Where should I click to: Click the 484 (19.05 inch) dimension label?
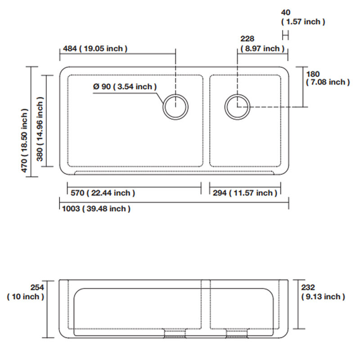coord(95,49)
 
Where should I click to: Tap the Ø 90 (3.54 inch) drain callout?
coord(125,86)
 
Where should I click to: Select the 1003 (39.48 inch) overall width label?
coord(96,209)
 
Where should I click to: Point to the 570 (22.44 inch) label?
coord(103,193)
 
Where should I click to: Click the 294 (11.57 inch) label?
coord(245,193)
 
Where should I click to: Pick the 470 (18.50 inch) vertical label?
coord(24,140)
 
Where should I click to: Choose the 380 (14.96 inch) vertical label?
coord(40,129)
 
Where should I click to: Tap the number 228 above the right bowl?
coord(247,39)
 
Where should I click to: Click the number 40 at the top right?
coord(286,12)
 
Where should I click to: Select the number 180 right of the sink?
coord(313,74)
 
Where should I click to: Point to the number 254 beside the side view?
coord(37,287)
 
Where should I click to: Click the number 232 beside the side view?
coord(308,287)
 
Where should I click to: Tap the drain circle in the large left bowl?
coord(175,94)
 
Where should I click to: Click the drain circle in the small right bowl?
coord(238,94)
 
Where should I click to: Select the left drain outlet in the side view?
coord(175,333)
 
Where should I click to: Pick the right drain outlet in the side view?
coord(237,333)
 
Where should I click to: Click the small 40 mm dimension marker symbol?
coord(285,36)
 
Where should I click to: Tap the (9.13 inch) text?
coord(323,297)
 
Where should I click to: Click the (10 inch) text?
coord(26,297)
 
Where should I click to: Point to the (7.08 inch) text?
coord(328,82)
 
